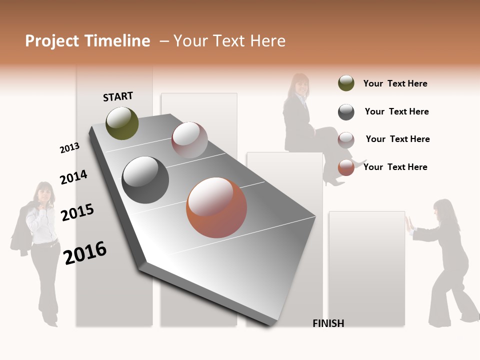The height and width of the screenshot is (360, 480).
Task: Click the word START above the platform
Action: (x=118, y=96)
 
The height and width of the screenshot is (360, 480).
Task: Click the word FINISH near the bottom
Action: (x=328, y=323)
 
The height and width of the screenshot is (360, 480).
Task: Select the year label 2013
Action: (x=69, y=148)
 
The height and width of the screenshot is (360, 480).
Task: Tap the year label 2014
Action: (x=73, y=177)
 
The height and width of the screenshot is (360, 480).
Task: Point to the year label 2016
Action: (x=85, y=252)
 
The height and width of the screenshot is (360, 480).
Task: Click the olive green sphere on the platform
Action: (x=122, y=123)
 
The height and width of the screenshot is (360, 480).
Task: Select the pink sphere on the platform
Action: (x=189, y=140)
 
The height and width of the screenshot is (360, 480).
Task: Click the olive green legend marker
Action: (x=346, y=83)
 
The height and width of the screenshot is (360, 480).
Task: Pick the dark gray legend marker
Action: (x=346, y=112)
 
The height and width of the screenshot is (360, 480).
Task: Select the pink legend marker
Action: (x=346, y=140)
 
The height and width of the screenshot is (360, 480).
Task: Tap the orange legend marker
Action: (x=346, y=167)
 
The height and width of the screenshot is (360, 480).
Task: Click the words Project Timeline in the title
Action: (x=87, y=41)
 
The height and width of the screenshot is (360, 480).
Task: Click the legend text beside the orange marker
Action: (x=395, y=167)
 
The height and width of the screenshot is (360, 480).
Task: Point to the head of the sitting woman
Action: (x=300, y=84)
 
